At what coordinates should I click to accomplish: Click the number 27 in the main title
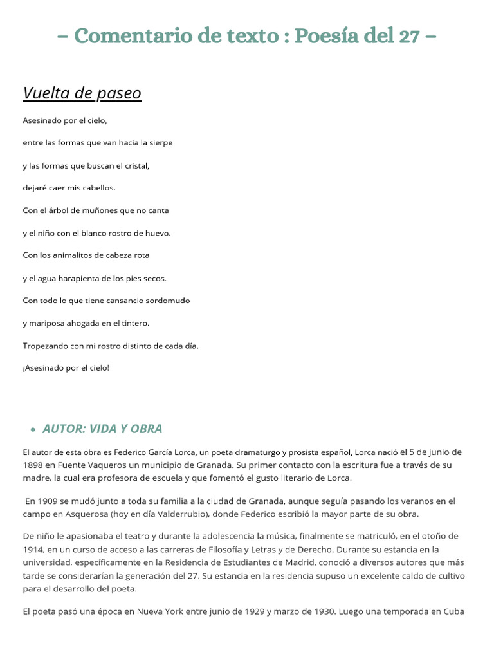click(408, 37)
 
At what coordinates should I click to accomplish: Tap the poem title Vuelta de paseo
click(82, 93)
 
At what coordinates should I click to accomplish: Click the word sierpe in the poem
click(161, 143)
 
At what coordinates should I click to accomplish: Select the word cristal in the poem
click(136, 165)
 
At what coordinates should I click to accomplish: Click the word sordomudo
click(167, 301)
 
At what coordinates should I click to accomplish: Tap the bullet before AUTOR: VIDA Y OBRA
click(33, 429)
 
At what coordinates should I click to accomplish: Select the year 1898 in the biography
click(34, 465)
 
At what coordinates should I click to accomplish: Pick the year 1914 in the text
click(34, 549)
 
